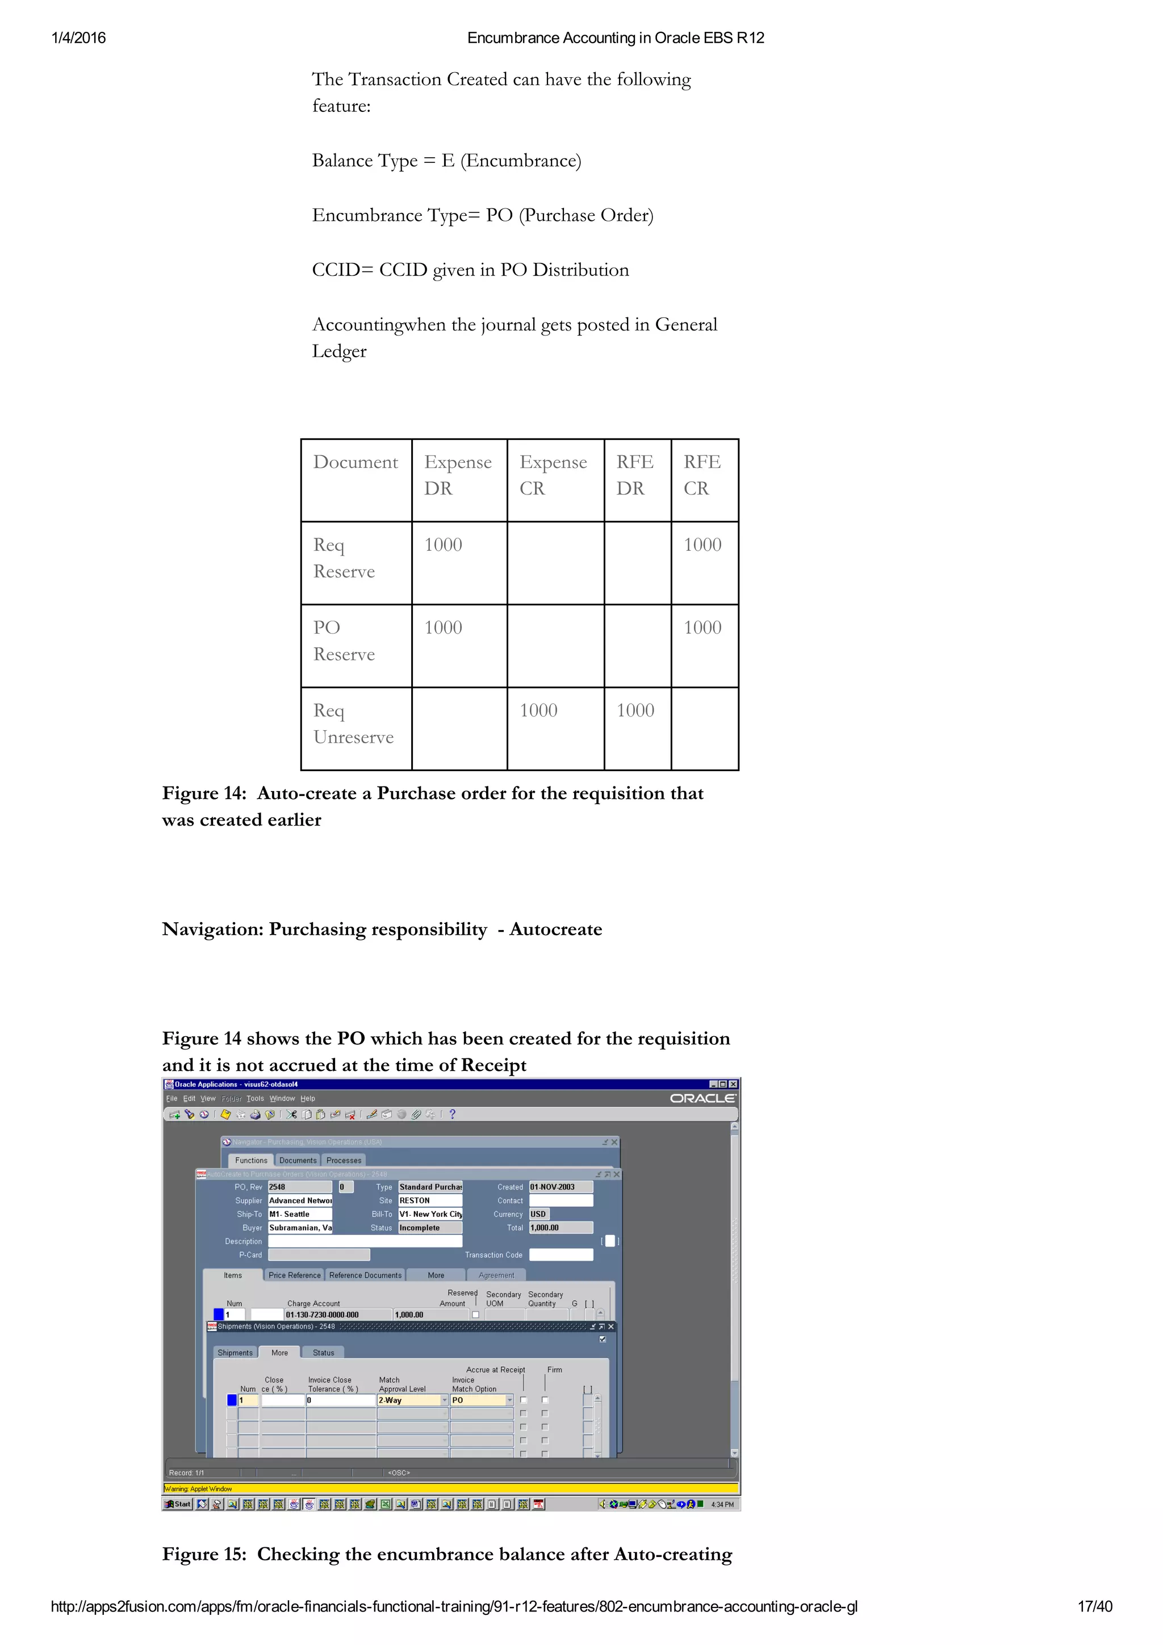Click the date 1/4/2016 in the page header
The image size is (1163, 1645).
(78, 38)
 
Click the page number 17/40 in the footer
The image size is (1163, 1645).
(1094, 1606)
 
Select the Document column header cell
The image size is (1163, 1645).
(355, 463)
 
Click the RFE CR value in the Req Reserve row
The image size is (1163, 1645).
(702, 545)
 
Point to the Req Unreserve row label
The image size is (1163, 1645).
(353, 723)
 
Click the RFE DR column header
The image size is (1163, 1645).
(635, 475)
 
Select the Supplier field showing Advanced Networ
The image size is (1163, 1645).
(300, 1201)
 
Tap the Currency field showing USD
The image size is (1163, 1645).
(539, 1215)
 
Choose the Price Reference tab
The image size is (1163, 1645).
(295, 1275)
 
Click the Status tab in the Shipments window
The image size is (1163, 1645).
(323, 1353)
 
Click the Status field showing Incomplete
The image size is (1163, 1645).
(429, 1228)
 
